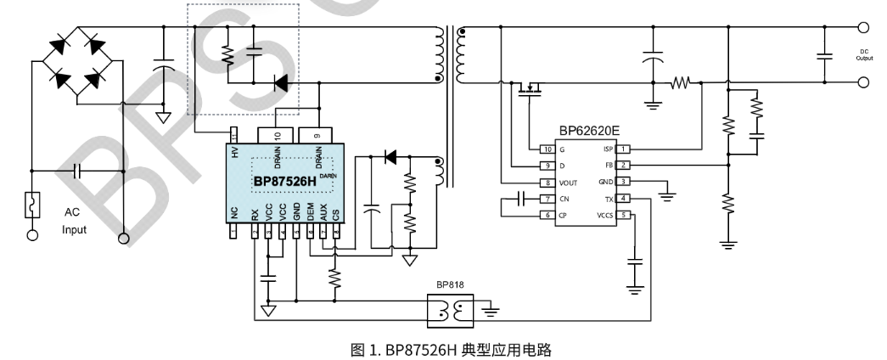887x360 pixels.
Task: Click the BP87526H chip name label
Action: coord(284,182)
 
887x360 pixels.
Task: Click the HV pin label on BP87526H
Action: coord(234,153)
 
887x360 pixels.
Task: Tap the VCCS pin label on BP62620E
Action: coord(605,215)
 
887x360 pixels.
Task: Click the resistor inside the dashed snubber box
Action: coord(227,55)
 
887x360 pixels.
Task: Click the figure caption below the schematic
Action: coord(443,347)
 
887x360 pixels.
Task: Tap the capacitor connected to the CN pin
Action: coord(521,199)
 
